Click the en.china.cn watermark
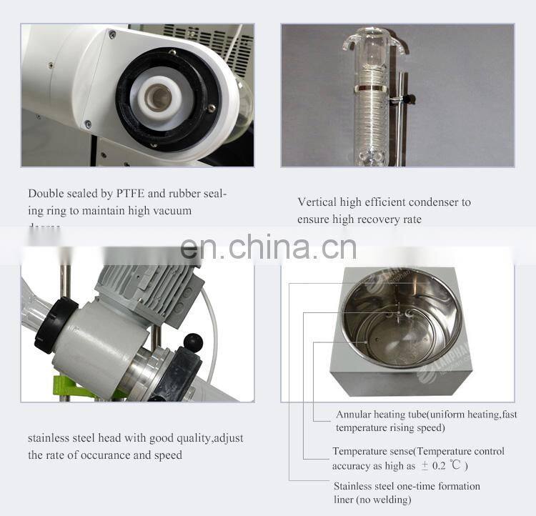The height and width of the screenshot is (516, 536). pos(268,247)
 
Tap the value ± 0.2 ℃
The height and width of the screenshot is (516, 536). pos(442,466)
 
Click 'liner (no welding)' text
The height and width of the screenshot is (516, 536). pos(372,500)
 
